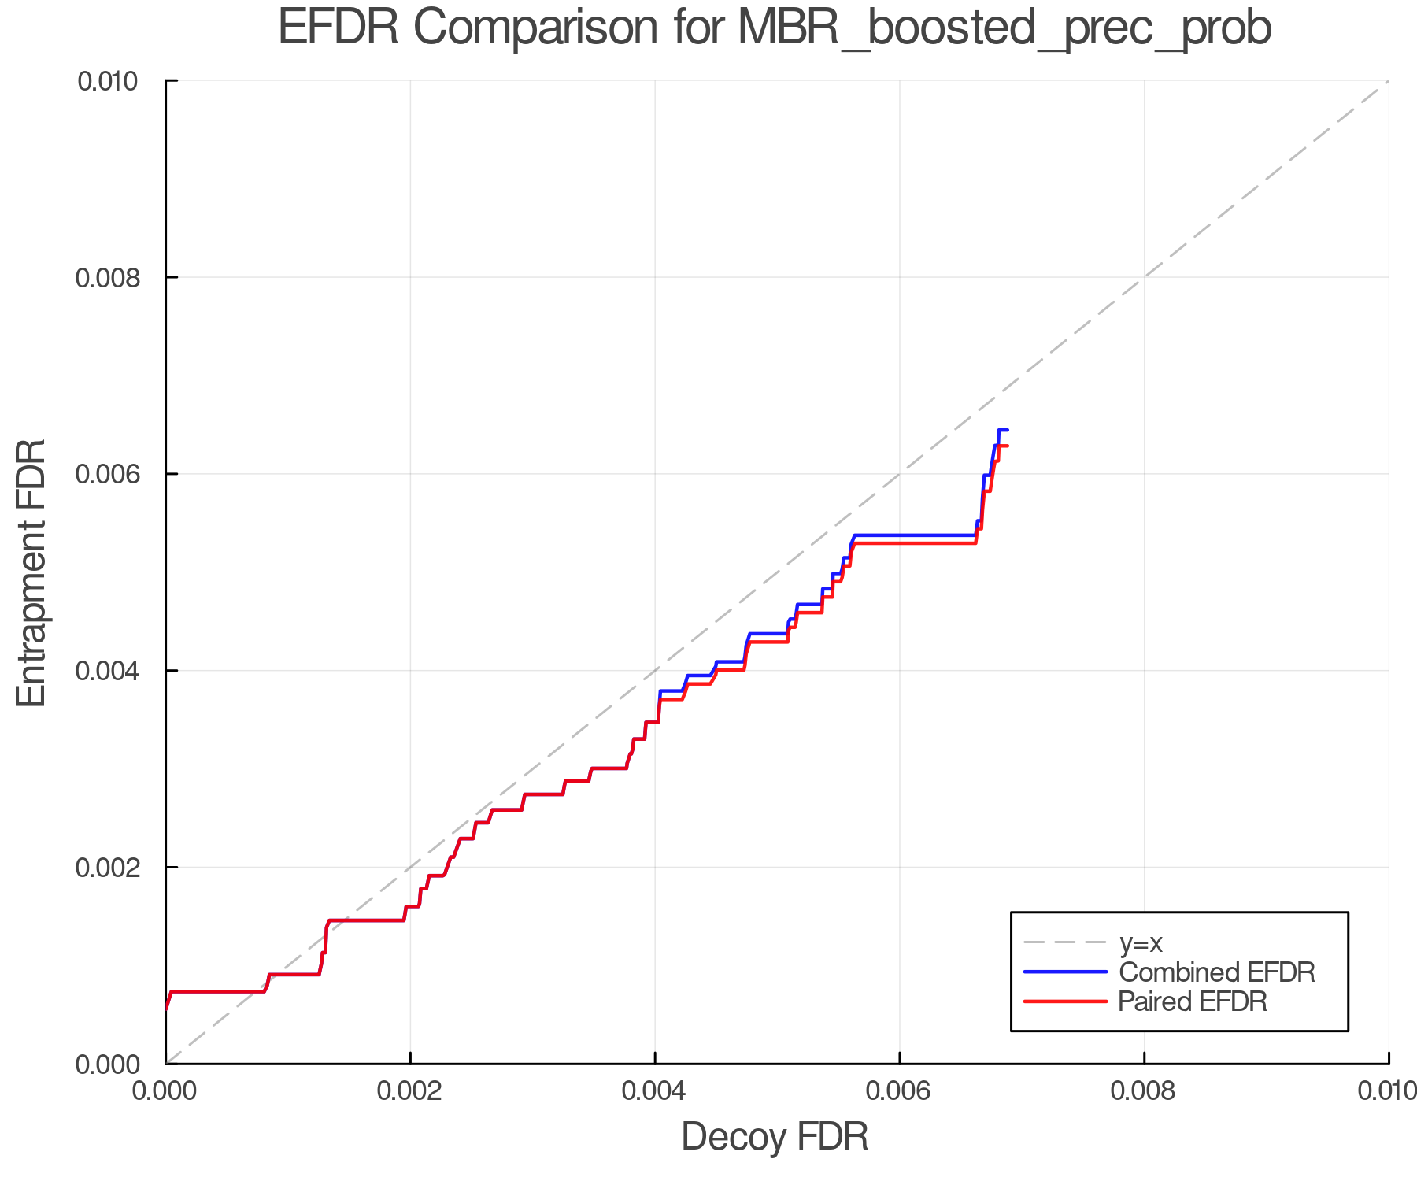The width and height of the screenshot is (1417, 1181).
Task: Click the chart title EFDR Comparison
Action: [x=775, y=28]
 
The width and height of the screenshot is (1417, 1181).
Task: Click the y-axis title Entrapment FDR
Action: [x=31, y=572]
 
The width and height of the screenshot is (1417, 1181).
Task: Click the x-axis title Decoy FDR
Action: [x=775, y=1137]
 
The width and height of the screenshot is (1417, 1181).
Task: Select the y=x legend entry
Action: [x=1141, y=942]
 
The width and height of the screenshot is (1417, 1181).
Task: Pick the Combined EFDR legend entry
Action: [x=1216, y=972]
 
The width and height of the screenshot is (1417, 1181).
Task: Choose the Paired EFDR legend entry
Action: [x=1193, y=1001]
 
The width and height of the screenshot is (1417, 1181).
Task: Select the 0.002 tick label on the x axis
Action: [x=410, y=1091]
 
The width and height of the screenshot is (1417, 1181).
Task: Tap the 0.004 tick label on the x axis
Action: [x=655, y=1091]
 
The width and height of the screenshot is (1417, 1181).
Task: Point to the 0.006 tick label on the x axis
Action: [x=900, y=1091]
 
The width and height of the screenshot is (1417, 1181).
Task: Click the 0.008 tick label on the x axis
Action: [x=1144, y=1091]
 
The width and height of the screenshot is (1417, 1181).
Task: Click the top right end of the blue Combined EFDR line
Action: [x=1008, y=430]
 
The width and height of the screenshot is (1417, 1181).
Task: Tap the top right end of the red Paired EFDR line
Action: [x=1008, y=446]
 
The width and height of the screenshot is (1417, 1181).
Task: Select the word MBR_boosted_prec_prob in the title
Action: [x=1004, y=28]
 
